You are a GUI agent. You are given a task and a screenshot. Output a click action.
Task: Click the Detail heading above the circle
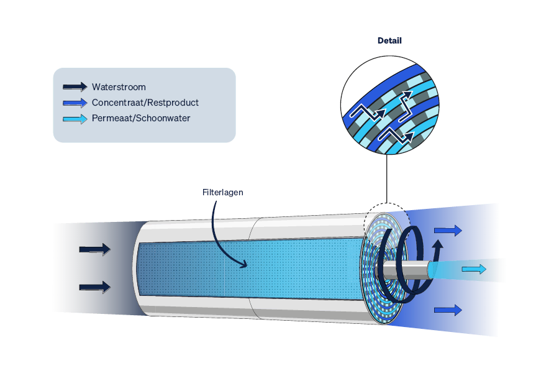pos(389,40)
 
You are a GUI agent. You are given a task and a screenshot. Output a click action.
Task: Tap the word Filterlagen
pos(223,192)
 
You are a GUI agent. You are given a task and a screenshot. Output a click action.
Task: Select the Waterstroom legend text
pos(119,87)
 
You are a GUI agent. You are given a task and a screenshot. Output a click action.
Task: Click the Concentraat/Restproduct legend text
pos(145,103)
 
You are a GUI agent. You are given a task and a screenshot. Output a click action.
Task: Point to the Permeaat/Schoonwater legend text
pos(141,118)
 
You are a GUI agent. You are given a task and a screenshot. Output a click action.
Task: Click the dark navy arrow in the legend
pos(75,87)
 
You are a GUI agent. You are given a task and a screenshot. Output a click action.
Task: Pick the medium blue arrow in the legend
pos(75,103)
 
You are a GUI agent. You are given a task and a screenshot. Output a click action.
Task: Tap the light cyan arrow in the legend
pos(75,119)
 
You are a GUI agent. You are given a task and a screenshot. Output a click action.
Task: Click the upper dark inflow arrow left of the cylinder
pos(95,249)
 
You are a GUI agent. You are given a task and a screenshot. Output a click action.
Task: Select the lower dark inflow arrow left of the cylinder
pos(95,287)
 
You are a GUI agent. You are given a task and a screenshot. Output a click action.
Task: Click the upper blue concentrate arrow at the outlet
pos(448,231)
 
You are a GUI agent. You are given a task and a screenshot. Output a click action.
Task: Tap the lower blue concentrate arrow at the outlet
pos(448,310)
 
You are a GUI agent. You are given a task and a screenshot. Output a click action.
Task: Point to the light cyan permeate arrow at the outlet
pos(474,269)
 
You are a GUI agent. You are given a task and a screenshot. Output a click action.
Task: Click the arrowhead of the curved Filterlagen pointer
pos(244,264)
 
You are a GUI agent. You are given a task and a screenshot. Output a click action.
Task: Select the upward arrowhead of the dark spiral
pos(438,244)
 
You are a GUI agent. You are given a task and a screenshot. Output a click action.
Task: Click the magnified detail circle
pos(389,105)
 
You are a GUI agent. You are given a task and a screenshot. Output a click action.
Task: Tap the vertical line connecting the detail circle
pos(387,178)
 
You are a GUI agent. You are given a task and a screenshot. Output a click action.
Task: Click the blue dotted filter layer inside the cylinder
pos(250,269)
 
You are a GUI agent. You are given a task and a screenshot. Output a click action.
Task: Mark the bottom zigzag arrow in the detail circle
pos(396,136)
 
